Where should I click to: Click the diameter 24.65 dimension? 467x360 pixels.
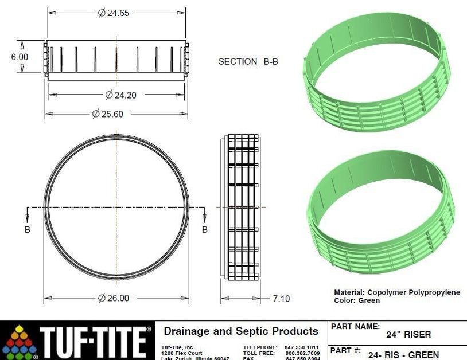113,13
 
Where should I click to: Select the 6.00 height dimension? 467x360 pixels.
19,57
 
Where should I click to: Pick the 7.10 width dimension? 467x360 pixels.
281,298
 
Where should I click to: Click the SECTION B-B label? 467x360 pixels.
248,61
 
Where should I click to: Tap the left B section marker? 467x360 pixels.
27,229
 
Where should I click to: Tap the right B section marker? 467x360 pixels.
204,229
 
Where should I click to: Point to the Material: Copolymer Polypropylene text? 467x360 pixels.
396,292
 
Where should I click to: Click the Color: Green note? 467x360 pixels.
356,300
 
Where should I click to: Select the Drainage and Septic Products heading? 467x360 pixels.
240,331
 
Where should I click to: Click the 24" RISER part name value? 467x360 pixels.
408,335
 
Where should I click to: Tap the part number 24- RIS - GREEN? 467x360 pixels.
403,355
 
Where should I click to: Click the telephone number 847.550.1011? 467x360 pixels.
302,347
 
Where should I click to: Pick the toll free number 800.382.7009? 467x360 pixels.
302,353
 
